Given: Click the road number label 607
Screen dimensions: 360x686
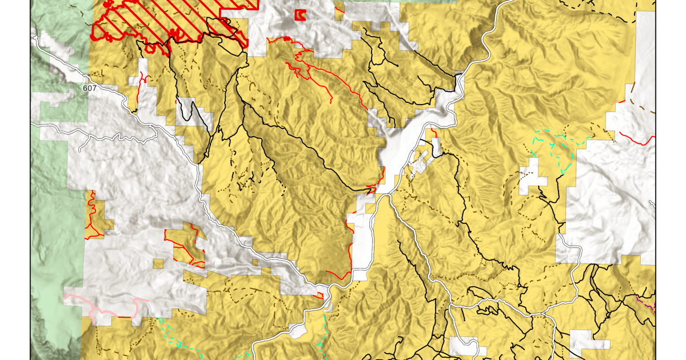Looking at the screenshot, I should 89,89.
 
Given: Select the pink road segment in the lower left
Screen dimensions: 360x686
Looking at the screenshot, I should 103,303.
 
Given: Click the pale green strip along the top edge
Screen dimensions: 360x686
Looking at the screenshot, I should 400,2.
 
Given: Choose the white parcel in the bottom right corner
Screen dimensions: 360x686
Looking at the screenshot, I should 589,341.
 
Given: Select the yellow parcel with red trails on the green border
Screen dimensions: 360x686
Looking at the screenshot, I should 94,217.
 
